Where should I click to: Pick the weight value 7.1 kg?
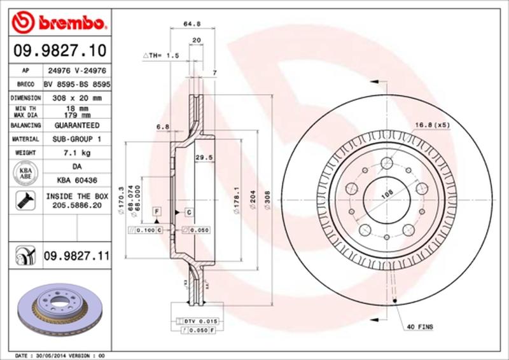(77, 153)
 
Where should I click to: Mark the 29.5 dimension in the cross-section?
(203, 157)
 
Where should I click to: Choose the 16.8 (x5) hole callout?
(432, 125)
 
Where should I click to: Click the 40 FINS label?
(421, 327)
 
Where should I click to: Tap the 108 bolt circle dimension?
(386, 197)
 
